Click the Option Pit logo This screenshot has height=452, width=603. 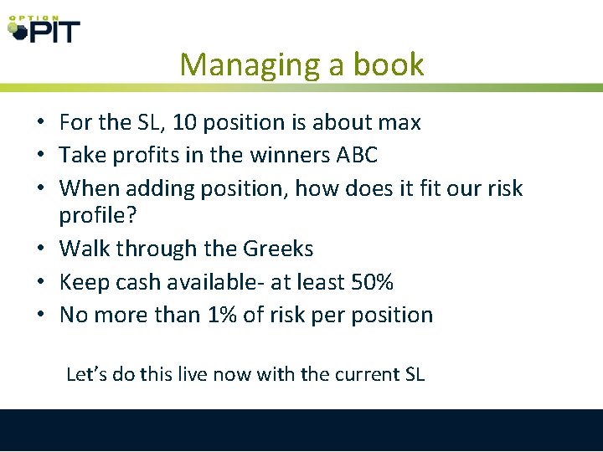coord(44,29)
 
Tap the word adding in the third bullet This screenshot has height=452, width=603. coord(162,188)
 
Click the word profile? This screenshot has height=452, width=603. coord(95,216)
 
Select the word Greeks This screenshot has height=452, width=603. coord(278,249)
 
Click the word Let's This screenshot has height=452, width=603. coord(87,374)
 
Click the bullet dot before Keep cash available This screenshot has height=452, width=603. coord(40,283)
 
